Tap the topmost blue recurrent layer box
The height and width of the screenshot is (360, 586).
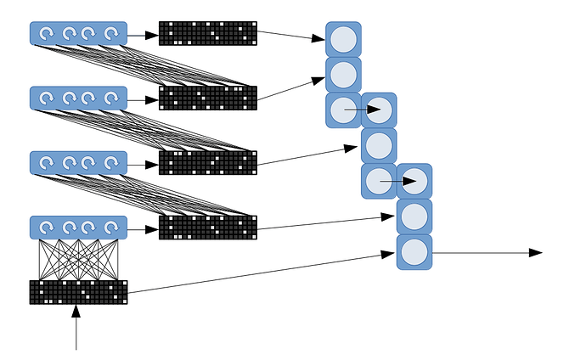coord(78,33)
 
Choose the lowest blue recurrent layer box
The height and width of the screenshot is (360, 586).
coord(78,228)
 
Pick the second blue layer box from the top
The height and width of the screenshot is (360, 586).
coord(78,98)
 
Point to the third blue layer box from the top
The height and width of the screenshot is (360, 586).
coord(78,162)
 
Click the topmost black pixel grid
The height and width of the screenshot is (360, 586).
coord(207,33)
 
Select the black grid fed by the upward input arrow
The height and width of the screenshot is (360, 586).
coord(78,291)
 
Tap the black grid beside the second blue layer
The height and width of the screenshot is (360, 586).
coord(207,98)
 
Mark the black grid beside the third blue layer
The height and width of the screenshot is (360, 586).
coord(207,162)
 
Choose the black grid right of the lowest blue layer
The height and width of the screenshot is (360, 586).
coord(207,228)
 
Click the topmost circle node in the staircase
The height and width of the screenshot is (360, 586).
coord(343,39)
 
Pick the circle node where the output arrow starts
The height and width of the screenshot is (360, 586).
coord(414,252)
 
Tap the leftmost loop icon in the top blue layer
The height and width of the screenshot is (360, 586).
coord(47,33)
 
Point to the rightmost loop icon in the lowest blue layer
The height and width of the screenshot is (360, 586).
coord(110,228)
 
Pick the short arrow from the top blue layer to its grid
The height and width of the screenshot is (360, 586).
coord(143,33)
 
